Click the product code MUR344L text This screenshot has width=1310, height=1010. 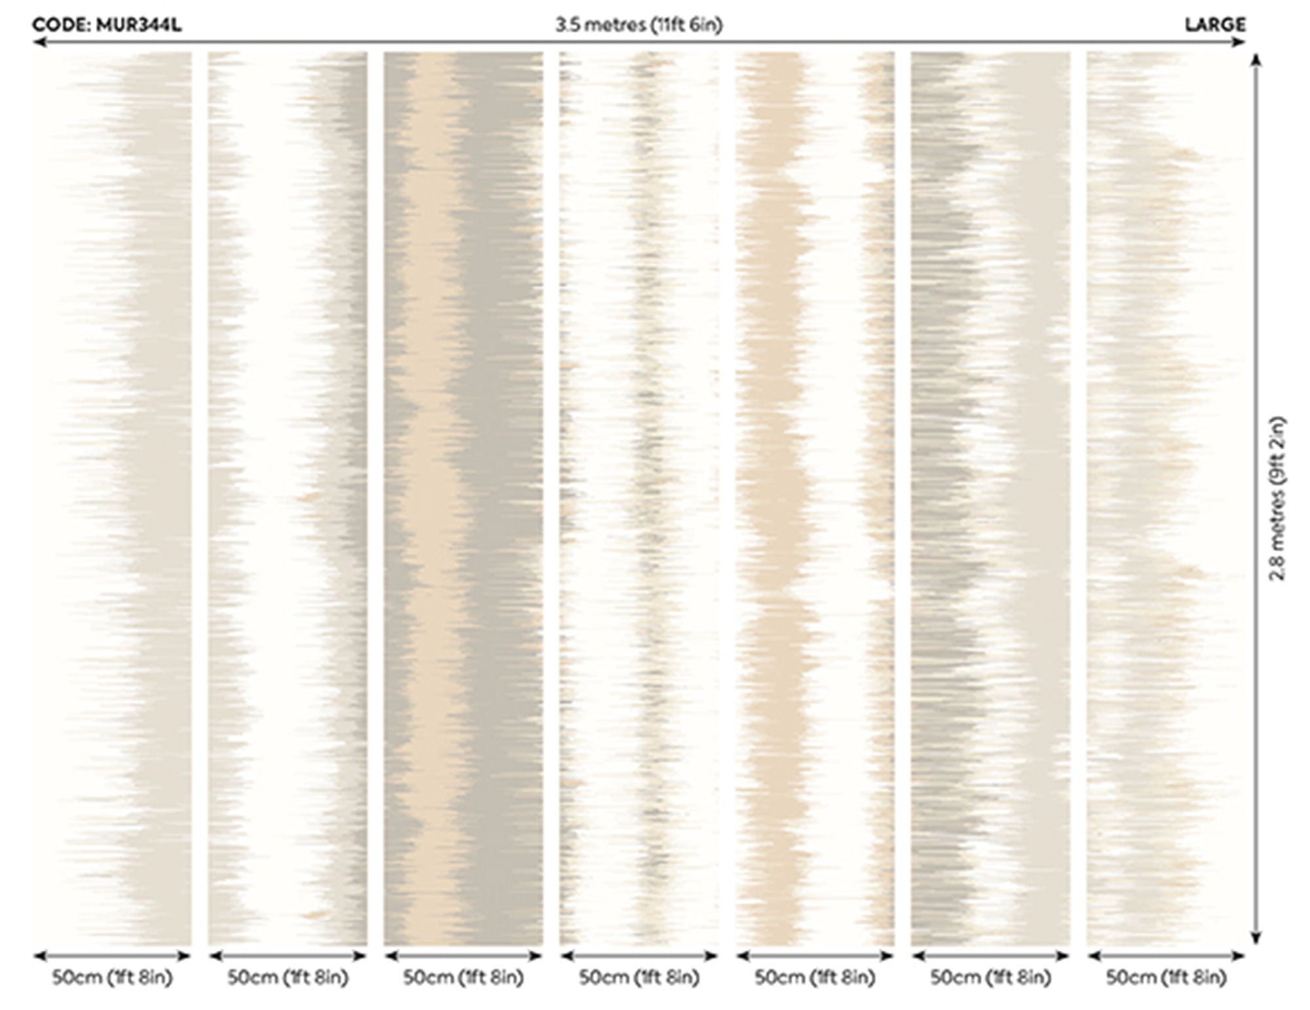pos(107,26)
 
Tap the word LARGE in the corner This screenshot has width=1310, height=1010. pos(1215,26)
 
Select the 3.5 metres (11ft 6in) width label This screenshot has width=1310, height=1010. pos(639,26)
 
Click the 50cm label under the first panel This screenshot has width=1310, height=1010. pos(112,978)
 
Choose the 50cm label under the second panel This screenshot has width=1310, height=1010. pos(288,978)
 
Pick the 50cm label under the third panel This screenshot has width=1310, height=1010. pos(463,978)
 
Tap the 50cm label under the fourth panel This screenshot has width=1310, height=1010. pos(639,978)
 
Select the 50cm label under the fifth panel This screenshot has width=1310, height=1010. pos(815,978)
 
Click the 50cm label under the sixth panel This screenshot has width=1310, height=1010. pos(990,978)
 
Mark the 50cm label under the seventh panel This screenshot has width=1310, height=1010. pos(1166,978)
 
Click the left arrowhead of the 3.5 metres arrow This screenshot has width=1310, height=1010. pos(39,43)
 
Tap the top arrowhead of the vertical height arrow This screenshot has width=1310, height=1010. pos(1256,60)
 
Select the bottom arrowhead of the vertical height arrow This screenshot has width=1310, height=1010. pos(1256,938)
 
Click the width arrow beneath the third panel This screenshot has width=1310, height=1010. pos(463,956)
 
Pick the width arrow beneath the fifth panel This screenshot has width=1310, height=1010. pos(815,956)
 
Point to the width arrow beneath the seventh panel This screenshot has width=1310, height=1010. pos(1166,956)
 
